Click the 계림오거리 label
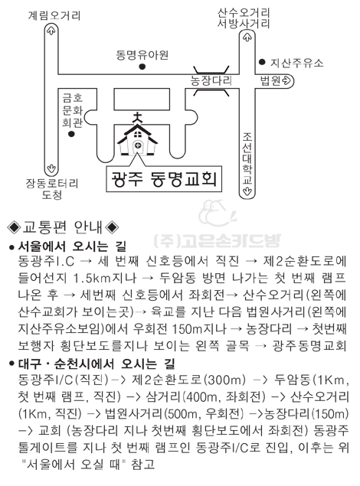coord(54,15)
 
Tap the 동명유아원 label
coord(142,55)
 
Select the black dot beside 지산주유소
coord(262,62)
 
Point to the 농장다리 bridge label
coord(211,80)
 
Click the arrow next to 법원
coord(286,81)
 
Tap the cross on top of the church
coord(137,117)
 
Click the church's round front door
coord(138,145)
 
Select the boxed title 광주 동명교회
coord(164,179)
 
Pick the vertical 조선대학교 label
coord(247,158)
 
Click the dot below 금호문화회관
coord(72,134)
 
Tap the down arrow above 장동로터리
coord(51,169)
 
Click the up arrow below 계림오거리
coord(51,31)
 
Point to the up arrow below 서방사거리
coord(247,38)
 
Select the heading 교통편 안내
coord(63,227)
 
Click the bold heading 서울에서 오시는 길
coord(72,246)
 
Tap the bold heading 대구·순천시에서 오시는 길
coord(97,364)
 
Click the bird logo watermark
coord(217,213)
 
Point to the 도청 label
coord(52,195)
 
